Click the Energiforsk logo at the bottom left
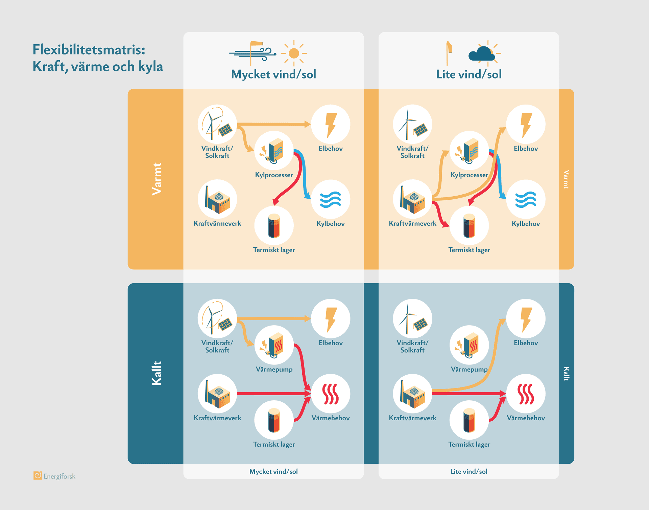click(38, 475)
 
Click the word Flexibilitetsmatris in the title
click(89, 50)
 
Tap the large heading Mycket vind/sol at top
click(273, 74)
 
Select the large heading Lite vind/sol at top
click(468, 74)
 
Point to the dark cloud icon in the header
click(481, 54)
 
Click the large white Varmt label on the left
click(157, 179)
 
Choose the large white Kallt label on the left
click(157, 373)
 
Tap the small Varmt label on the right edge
click(567, 179)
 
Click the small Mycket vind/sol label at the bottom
click(273, 471)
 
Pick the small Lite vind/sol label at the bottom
click(468, 471)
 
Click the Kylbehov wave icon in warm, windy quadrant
click(330, 199)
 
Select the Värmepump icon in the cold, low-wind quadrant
click(469, 345)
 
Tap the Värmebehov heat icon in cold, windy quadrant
click(330, 394)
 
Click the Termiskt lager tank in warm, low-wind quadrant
click(469, 226)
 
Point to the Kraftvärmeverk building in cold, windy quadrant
click(217, 394)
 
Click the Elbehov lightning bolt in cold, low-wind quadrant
click(526, 319)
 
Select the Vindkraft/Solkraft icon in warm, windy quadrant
click(217, 124)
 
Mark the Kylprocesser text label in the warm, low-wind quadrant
click(469, 175)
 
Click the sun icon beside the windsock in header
click(294, 53)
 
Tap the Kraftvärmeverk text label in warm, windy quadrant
click(217, 223)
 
